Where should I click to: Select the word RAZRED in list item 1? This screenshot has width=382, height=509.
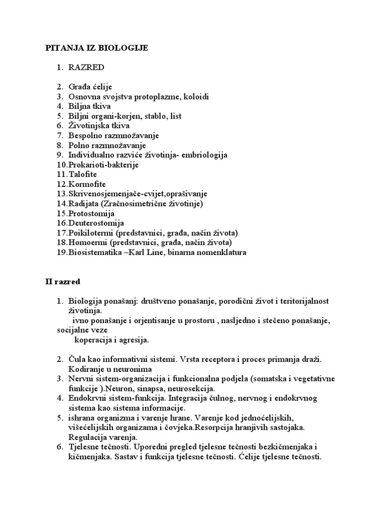pos(87,67)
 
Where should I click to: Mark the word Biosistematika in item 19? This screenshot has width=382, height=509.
pos(93,252)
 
